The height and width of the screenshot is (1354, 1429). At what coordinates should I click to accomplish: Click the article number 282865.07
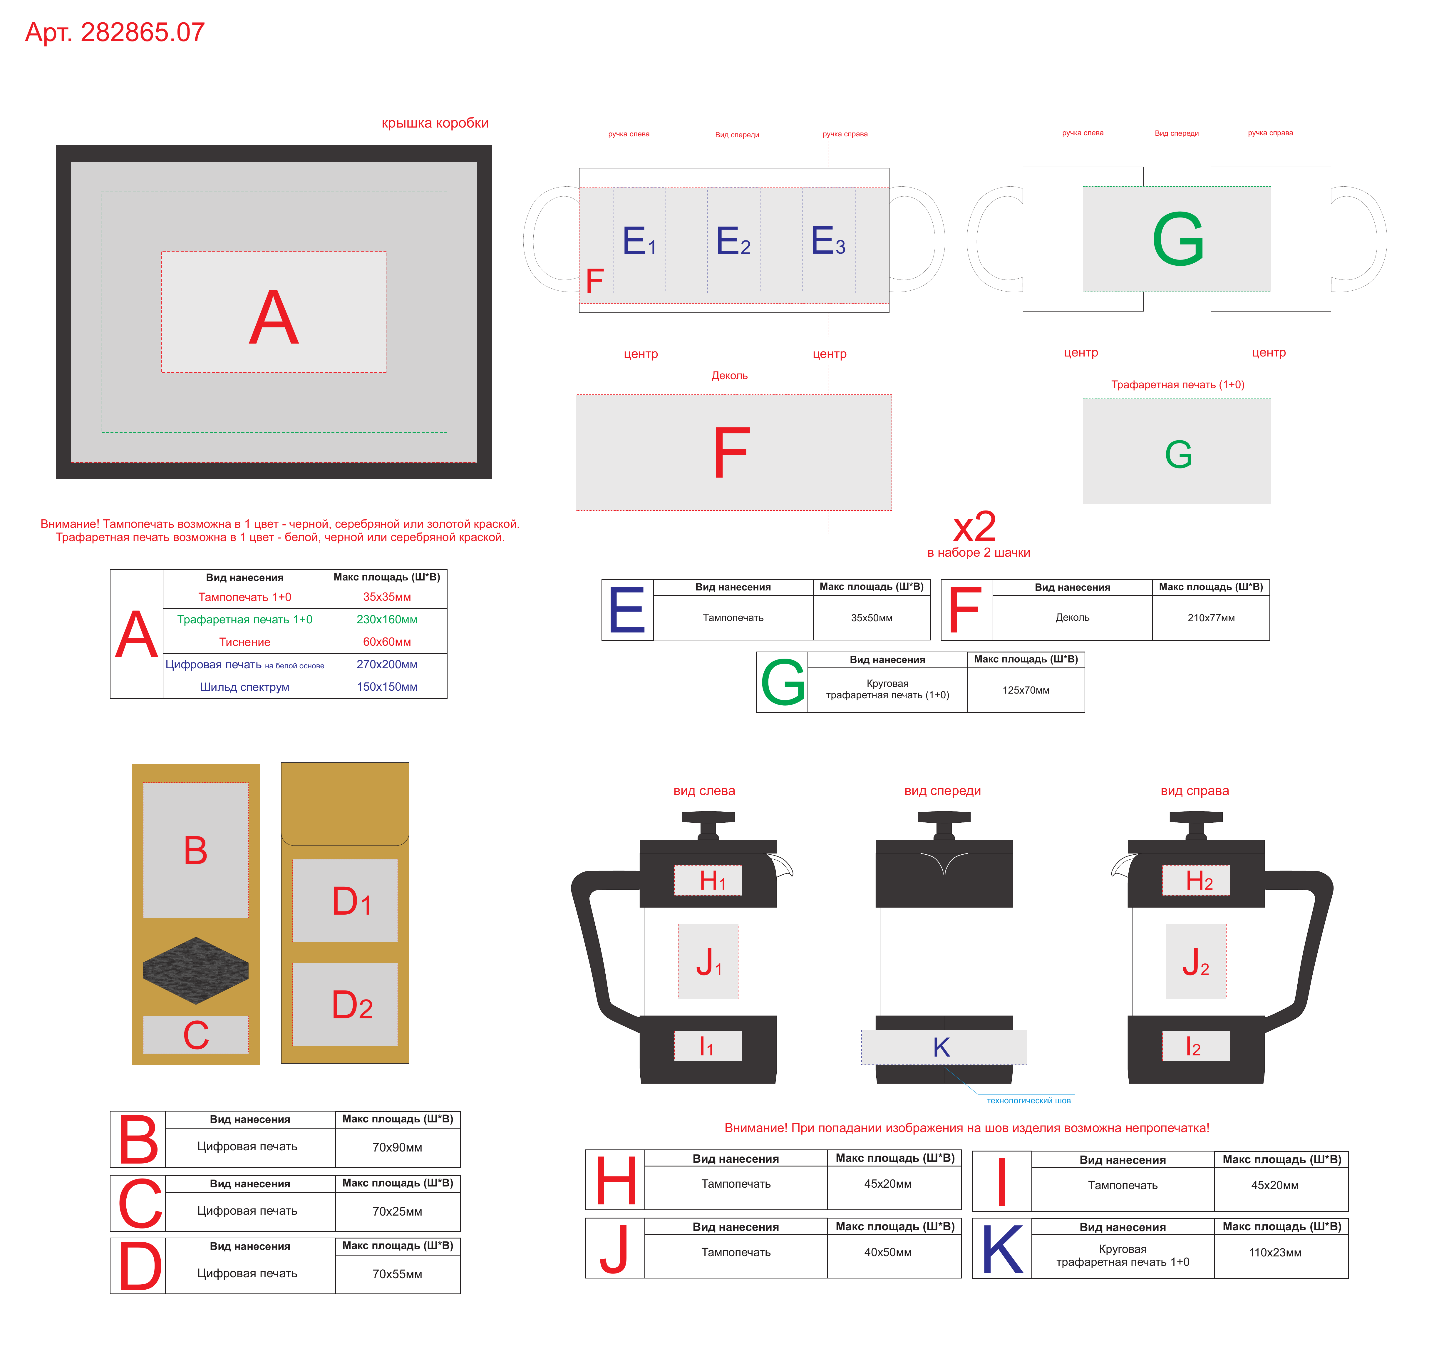(143, 33)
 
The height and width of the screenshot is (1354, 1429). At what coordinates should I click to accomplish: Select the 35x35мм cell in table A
(387, 597)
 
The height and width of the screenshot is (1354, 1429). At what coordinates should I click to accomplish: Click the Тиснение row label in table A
(245, 642)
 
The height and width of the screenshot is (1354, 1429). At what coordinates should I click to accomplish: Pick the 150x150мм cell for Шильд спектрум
(387, 686)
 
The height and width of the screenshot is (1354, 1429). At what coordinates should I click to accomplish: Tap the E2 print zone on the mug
(733, 240)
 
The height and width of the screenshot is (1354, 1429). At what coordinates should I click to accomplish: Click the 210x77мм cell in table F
(1211, 618)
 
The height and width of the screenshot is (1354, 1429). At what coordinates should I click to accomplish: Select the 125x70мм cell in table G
(1026, 690)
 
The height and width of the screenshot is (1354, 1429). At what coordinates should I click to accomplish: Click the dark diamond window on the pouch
(196, 971)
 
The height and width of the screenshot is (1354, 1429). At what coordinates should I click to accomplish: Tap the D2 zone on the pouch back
(345, 1004)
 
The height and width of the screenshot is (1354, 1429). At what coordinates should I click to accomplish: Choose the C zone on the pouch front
(196, 1034)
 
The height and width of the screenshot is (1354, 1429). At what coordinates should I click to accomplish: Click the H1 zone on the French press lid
(708, 881)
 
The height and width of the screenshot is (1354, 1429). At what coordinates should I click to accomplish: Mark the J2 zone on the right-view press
(1196, 961)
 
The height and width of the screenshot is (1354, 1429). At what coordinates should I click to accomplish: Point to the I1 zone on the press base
(708, 1046)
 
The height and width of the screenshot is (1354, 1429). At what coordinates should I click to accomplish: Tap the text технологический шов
(1028, 1101)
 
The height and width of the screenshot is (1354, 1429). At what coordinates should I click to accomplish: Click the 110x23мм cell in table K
(1275, 1252)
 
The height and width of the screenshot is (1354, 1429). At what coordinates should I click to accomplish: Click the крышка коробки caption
(435, 123)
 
